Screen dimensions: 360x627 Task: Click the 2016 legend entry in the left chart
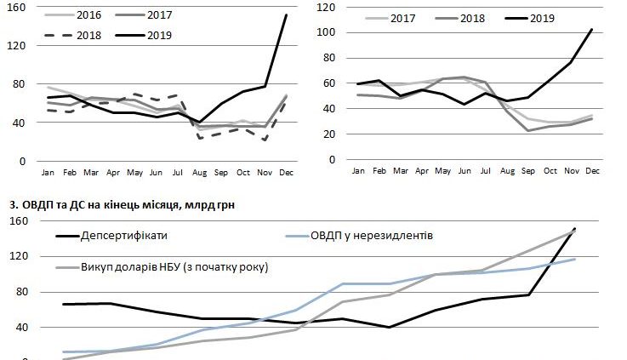click(x=76, y=15)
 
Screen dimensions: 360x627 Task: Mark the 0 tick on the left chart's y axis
click(x=23, y=162)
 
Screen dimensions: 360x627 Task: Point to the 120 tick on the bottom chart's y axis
click(x=19, y=256)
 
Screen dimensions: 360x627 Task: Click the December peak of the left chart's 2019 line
click(x=285, y=15)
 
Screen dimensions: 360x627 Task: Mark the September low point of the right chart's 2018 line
click(x=528, y=130)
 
